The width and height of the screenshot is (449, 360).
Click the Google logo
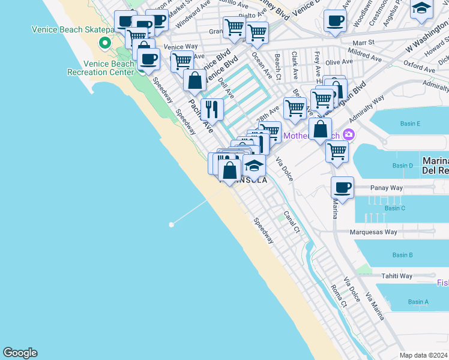pos(20,353)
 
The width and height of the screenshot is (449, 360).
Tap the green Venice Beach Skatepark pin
pos(105,42)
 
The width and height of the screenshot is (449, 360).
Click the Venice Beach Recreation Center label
pos(109,68)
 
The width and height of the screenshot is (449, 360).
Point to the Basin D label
pos(403,166)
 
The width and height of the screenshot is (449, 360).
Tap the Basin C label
pos(395,208)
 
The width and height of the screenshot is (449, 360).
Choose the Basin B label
pos(402,255)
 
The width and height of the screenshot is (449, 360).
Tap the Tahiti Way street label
pos(397,276)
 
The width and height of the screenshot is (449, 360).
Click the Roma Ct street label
pos(339,296)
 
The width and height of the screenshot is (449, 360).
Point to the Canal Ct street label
pos(292,222)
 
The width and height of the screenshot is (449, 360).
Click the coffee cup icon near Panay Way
pos(342,187)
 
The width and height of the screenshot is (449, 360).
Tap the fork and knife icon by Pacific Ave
pos(212,109)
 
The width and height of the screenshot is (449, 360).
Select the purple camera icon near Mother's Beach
pos(348,135)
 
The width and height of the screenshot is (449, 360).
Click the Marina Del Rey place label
pos(435,166)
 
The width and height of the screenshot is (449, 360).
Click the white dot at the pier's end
pos(172,224)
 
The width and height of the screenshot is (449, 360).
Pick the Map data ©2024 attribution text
pos(423,355)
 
